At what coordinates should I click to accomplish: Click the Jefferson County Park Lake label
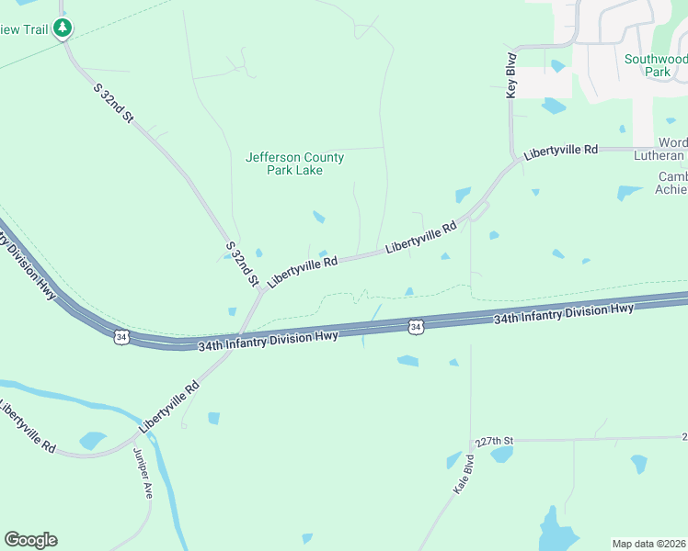pyautogui.click(x=294, y=163)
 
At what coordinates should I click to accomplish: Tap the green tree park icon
pyautogui.click(x=63, y=29)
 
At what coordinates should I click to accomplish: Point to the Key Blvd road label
pyautogui.click(x=512, y=75)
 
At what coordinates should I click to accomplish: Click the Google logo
pyautogui.click(x=30, y=540)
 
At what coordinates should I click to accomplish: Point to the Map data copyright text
pyautogui.click(x=649, y=544)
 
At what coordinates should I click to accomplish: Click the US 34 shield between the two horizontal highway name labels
pyautogui.click(x=416, y=326)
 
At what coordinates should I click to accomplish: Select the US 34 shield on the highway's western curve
pyautogui.click(x=121, y=337)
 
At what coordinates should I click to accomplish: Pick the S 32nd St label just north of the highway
pyautogui.click(x=241, y=264)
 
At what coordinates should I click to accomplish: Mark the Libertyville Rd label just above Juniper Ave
pyautogui.click(x=169, y=407)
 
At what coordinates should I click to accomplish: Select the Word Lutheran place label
pyautogui.click(x=672, y=149)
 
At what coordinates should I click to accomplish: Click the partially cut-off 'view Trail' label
pyautogui.click(x=23, y=29)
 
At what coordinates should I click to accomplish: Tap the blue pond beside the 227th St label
pyautogui.click(x=502, y=455)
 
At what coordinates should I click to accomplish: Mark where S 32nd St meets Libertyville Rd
pyautogui.click(x=261, y=290)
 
